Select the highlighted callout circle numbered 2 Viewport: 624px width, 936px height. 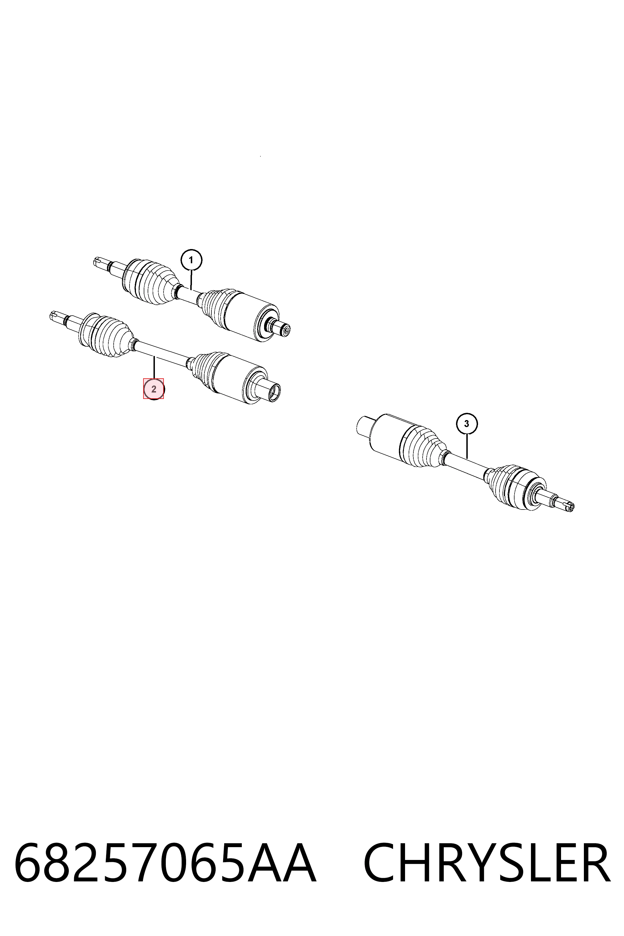click(x=153, y=389)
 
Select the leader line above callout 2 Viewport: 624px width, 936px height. click(x=153, y=368)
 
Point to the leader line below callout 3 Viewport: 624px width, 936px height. click(x=467, y=446)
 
